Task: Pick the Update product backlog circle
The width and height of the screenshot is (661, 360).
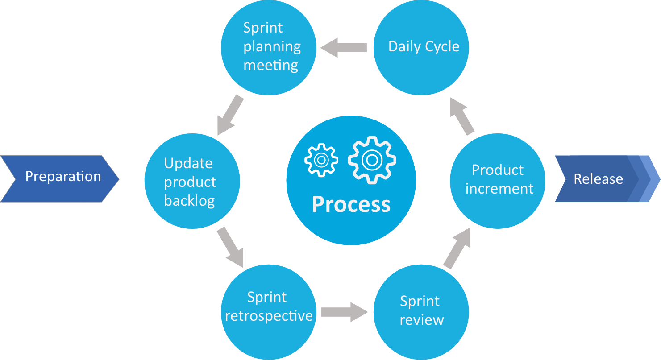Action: pos(192,181)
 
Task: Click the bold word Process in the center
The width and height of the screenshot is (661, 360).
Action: pos(351,204)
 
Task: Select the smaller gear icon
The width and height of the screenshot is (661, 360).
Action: pos(321,159)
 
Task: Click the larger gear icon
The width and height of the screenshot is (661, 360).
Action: pos(372,159)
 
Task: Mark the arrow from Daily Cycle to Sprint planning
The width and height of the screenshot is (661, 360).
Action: pos(344,47)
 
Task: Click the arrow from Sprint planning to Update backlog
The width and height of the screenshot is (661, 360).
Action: pos(230,115)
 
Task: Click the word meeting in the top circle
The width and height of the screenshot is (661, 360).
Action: pos(271,66)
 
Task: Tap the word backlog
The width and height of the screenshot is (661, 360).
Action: pos(190,201)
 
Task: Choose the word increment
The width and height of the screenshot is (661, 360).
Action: pos(499,189)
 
